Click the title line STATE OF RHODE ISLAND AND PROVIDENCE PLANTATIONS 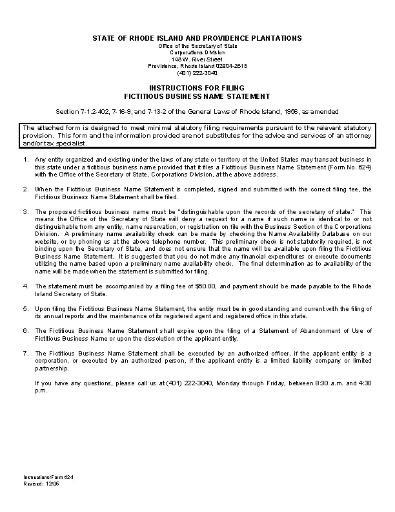coord(197,39)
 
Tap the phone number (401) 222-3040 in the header coord(197,72)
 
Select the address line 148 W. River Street coord(197,59)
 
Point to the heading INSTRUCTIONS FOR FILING coord(197,87)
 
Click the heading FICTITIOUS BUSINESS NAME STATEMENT coord(197,96)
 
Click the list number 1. coord(25,159)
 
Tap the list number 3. coord(25,212)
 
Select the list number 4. coord(25,285)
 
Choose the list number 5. coord(25,308)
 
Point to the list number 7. coord(25,353)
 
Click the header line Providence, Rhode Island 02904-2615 coord(197,66)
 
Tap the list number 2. coord(25,189)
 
